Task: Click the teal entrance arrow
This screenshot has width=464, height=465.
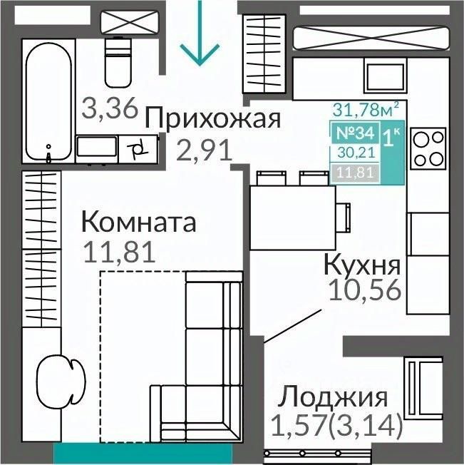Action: pos(200,33)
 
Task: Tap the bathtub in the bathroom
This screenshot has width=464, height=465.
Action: pos(49,101)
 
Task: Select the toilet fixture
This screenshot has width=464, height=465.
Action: pos(118,62)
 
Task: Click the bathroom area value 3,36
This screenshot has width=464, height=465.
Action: pos(110,108)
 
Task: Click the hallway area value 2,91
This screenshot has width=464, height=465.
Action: pos(204,150)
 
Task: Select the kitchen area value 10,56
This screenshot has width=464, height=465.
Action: pos(365,290)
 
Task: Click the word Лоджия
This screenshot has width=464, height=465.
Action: pos(332,397)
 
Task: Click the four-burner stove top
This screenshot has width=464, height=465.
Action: pos(428,148)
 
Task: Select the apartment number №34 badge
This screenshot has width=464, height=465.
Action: pos(355,133)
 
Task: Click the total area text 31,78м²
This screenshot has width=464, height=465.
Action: pos(366,109)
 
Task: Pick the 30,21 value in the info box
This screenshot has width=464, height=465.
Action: pos(357,153)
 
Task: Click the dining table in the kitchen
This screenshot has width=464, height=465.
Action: pos(293,218)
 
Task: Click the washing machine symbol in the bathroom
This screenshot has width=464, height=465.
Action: pos(138,149)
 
